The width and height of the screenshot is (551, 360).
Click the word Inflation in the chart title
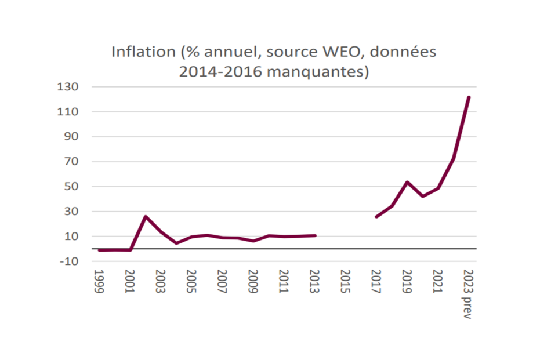[143, 52]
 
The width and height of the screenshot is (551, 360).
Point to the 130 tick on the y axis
[68, 87]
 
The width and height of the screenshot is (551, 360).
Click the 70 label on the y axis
[71, 162]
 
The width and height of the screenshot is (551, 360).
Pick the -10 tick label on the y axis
[69, 261]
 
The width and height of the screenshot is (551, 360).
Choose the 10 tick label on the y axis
[71, 237]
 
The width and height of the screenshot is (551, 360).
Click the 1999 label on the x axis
[99, 281]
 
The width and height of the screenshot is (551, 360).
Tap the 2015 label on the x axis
[345, 281]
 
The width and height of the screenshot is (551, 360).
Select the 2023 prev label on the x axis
[468, 294]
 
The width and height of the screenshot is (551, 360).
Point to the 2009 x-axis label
[253, 281]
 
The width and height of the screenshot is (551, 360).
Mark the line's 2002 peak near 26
[146, 217]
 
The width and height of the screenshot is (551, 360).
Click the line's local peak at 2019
[407, 182]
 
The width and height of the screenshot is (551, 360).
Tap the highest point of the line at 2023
[469, 97]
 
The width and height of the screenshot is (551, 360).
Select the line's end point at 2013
[315, 235]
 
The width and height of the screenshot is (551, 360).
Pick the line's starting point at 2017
[376, 217]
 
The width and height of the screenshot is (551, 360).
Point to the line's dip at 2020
[422, 197]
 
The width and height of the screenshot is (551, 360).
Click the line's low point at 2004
[176, 243]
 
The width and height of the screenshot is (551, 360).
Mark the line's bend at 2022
[454, 158]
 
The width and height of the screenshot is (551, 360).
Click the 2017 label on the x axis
[376, 281]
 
